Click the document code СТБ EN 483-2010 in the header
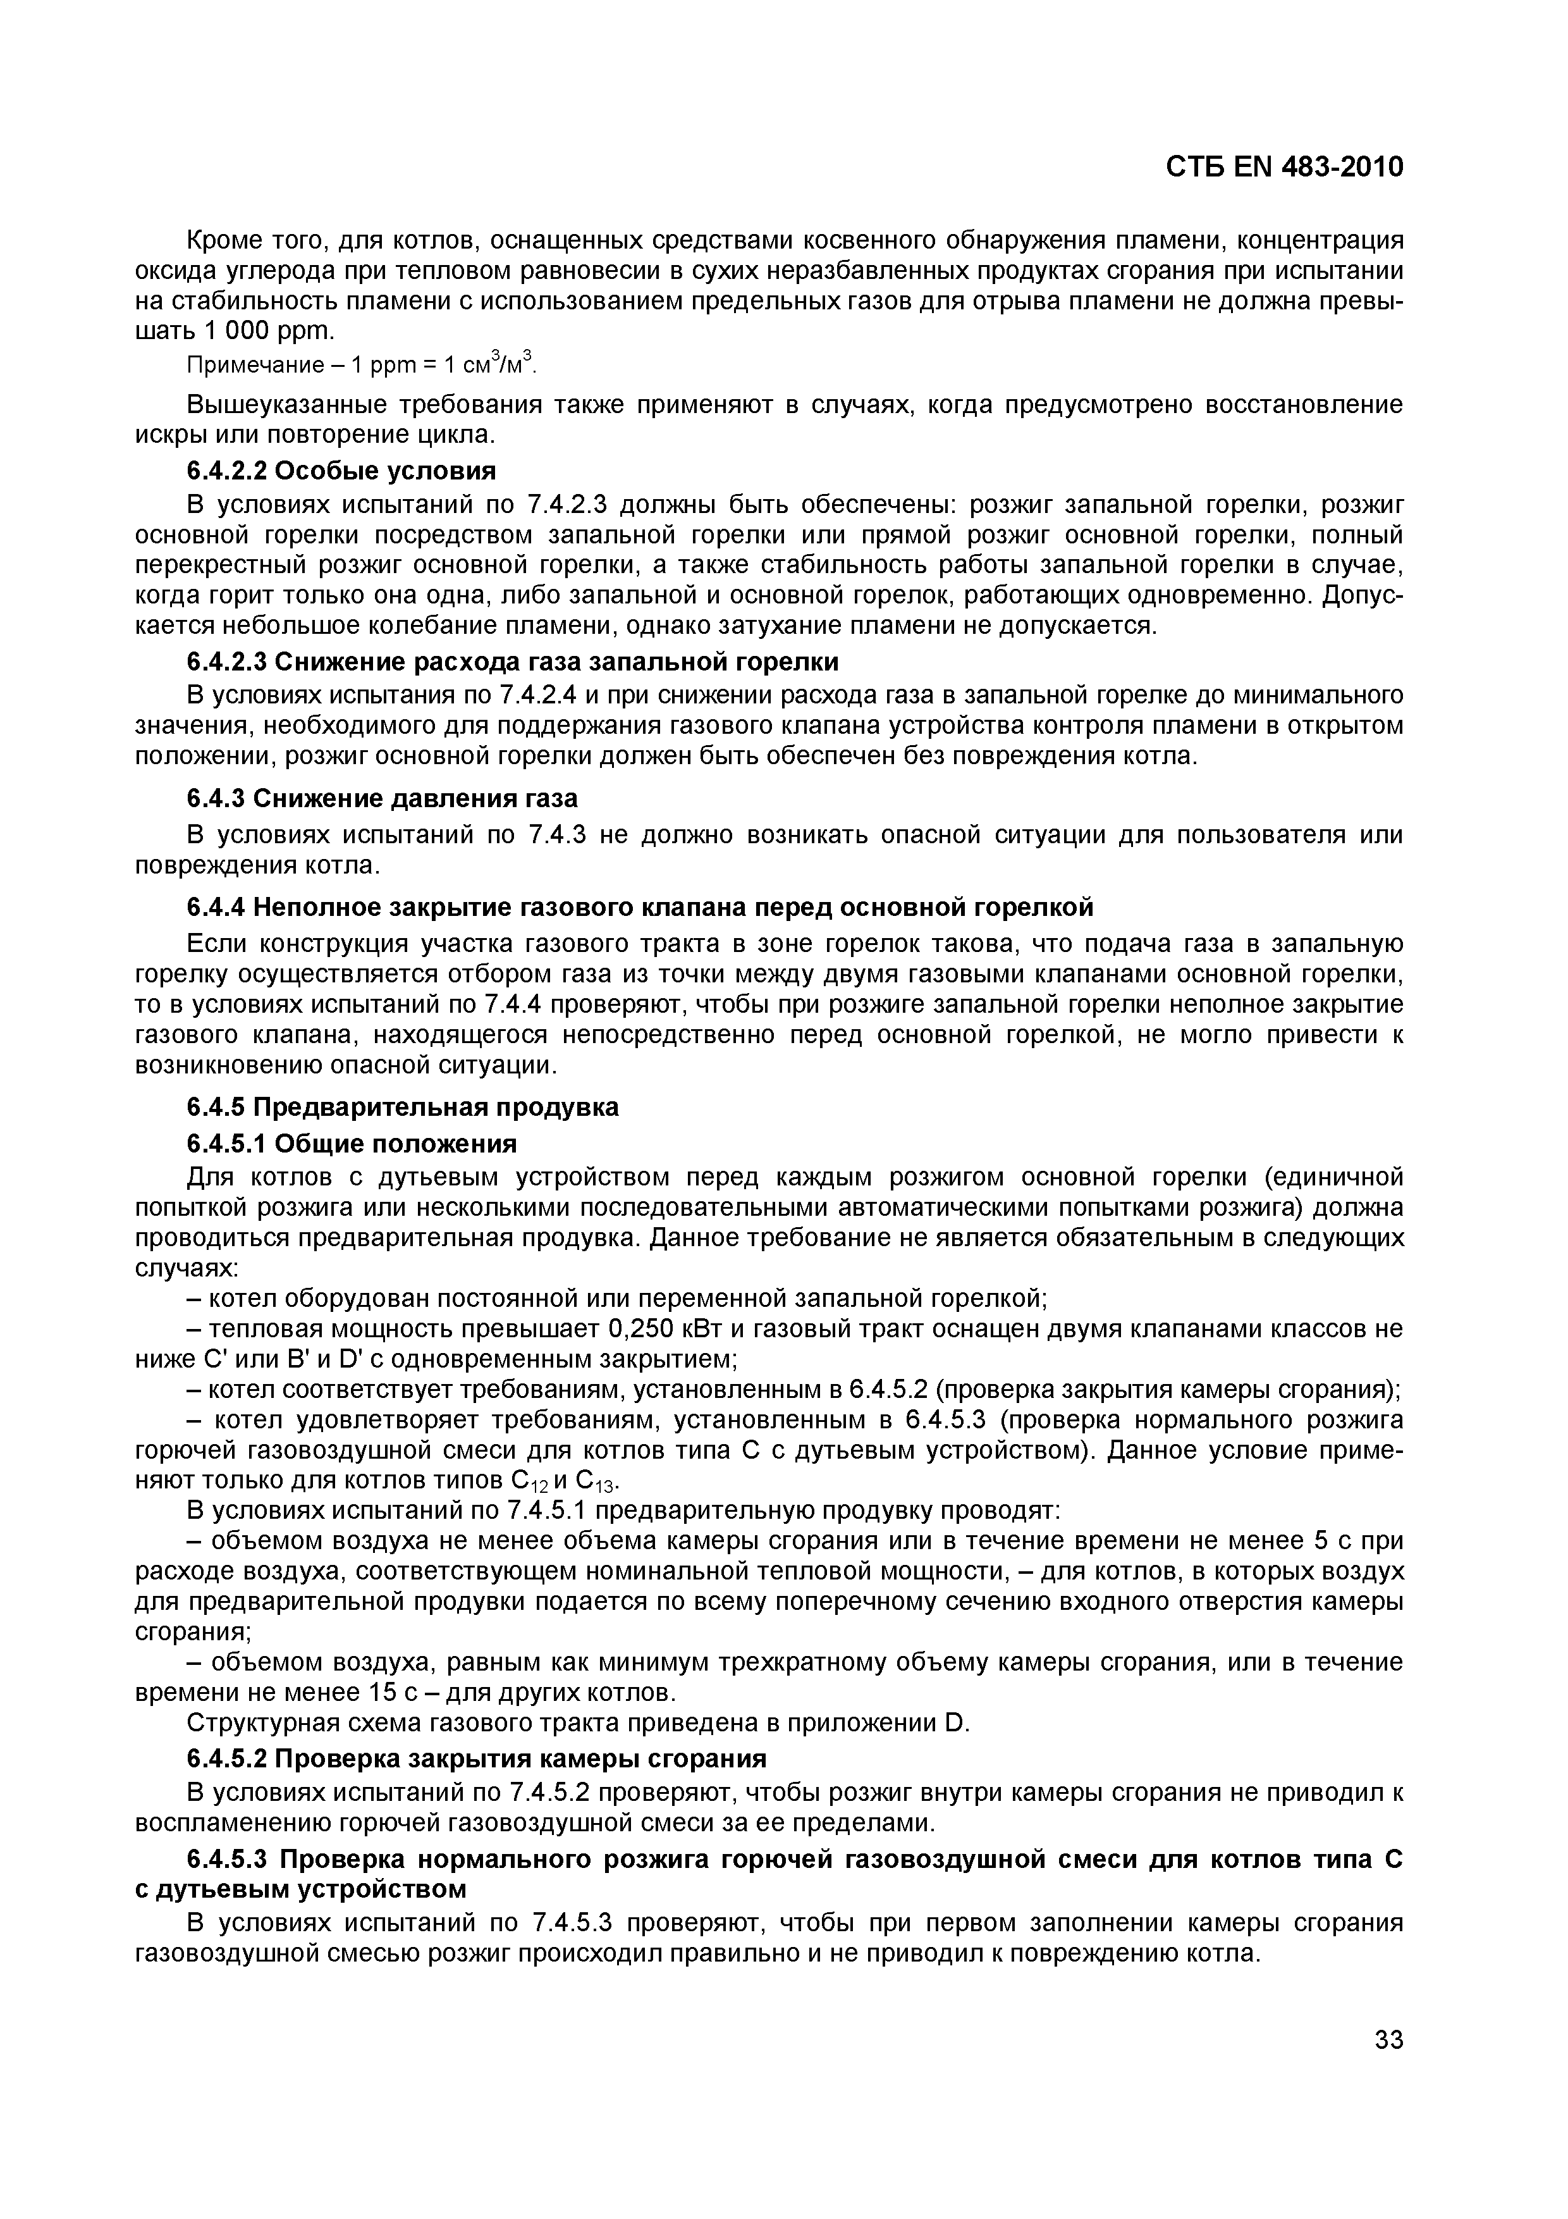(1284, 167)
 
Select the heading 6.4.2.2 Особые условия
(341, 471)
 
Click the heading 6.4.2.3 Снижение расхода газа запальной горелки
(512, 662)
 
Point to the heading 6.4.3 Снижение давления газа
(382, 798)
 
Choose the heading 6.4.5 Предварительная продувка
(402, 1106)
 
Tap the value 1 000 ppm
(267, 331)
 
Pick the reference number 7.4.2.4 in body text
(549, 696)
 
